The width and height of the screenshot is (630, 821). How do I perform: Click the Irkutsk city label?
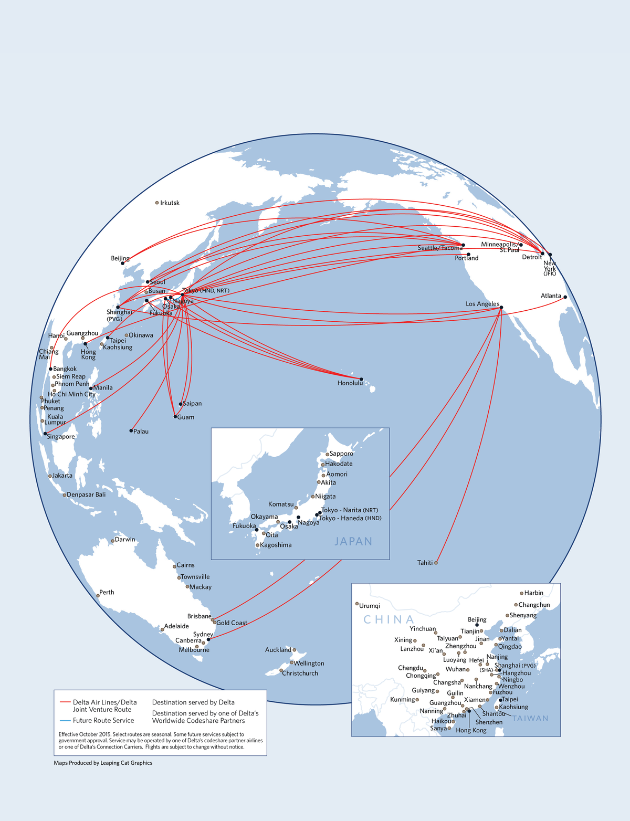[170, 203]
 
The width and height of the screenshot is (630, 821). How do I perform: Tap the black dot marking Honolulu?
[361, 379]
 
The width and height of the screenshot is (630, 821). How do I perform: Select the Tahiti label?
[425, 563]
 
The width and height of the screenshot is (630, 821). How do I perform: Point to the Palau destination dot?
[131, 431]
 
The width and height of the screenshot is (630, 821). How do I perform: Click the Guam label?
[186, 417]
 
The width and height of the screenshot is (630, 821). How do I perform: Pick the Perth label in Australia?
[107, 592]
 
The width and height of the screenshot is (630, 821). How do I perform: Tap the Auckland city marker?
[295, 650]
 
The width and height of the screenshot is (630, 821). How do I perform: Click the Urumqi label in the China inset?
[370, 606]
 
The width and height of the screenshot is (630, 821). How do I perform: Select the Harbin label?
[533, 593]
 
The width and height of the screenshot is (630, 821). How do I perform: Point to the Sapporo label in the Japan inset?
[341, 454]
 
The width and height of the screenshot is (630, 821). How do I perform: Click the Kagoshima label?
[276, 545]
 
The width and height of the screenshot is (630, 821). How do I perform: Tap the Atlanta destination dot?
[565, 297]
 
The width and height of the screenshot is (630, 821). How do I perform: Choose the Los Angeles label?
[482, 304]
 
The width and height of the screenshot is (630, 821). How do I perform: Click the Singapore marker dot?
[45, 434]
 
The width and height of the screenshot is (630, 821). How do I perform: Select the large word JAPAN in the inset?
[353, 541]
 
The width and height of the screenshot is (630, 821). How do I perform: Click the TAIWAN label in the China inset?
[530, 718]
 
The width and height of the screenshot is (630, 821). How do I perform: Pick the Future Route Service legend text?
[103, 720]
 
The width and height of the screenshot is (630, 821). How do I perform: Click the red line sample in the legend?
[65, 702]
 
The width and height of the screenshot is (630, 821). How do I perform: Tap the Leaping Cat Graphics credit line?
[103, 763]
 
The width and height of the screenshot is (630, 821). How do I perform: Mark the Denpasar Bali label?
[86, 494]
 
